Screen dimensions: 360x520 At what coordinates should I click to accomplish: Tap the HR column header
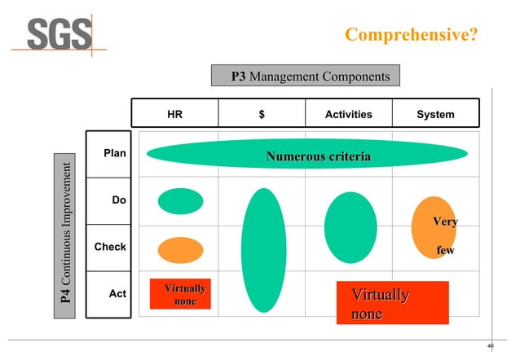(x=174, y=115)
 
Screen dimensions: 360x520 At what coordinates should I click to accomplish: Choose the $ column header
(x=261, y=115)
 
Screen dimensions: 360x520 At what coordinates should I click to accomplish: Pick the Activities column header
(x=348, y=115)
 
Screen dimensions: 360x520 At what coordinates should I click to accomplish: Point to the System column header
(x=435, y=115)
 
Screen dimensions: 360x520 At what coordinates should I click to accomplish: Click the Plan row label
(x=114, y=153)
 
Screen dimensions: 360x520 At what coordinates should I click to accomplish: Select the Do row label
(x=118, y=200)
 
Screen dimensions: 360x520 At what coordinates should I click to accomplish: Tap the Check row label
(x=110, y=246)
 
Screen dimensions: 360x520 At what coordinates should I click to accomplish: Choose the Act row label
(x=117, y=293)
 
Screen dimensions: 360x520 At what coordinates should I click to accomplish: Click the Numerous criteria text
(x=318, y=156)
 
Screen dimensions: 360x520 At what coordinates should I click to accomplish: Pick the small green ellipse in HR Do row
(x=180, y=200)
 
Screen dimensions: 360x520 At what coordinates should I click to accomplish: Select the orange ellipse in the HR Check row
(x=180, y=250)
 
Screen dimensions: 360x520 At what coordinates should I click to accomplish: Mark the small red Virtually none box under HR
(x=185, y=295)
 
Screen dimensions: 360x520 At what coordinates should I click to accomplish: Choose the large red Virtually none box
(x=393, y=303)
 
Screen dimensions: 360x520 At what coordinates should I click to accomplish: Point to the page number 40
(x=490, y=346)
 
